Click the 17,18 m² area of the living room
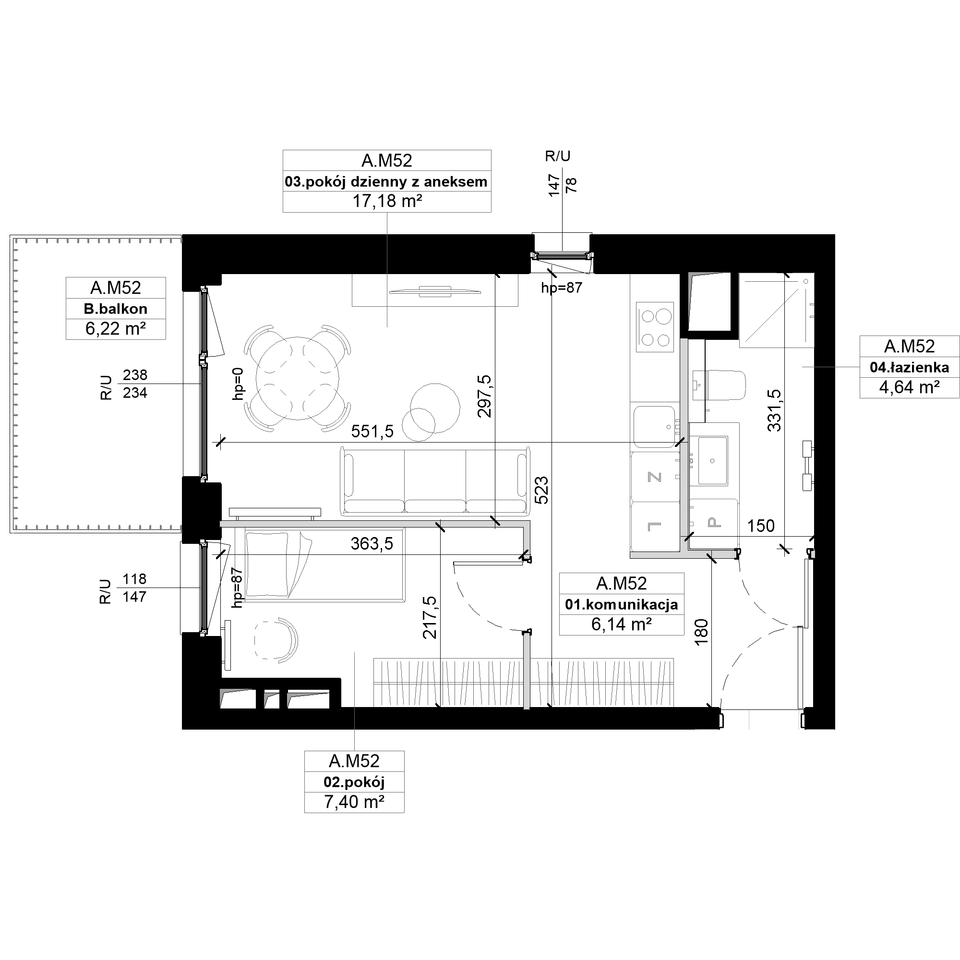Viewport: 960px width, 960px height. tap(387, 201)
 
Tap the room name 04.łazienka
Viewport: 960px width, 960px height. tap(909, 367)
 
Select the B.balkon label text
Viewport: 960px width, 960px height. tap(116, 309)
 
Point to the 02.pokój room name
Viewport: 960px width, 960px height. tap(354, 782)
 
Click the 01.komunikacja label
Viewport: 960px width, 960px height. tap(622, 604)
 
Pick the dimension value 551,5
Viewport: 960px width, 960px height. tap(372, 431)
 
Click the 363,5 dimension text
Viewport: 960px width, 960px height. tap(372, 544)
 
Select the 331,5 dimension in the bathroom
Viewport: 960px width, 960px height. tap(774, 410)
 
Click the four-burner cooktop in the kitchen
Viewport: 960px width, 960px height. tap(655, 327)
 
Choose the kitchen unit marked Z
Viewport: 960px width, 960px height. tap(655, 477)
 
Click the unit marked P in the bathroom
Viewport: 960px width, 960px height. tap(714, 522)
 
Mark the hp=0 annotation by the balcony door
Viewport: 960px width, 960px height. tap(239, 384)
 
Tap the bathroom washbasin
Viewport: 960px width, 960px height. tap(712, 461)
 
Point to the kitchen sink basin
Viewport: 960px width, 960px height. tap(654, 426)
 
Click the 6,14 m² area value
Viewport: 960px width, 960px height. tap(622, 624)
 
